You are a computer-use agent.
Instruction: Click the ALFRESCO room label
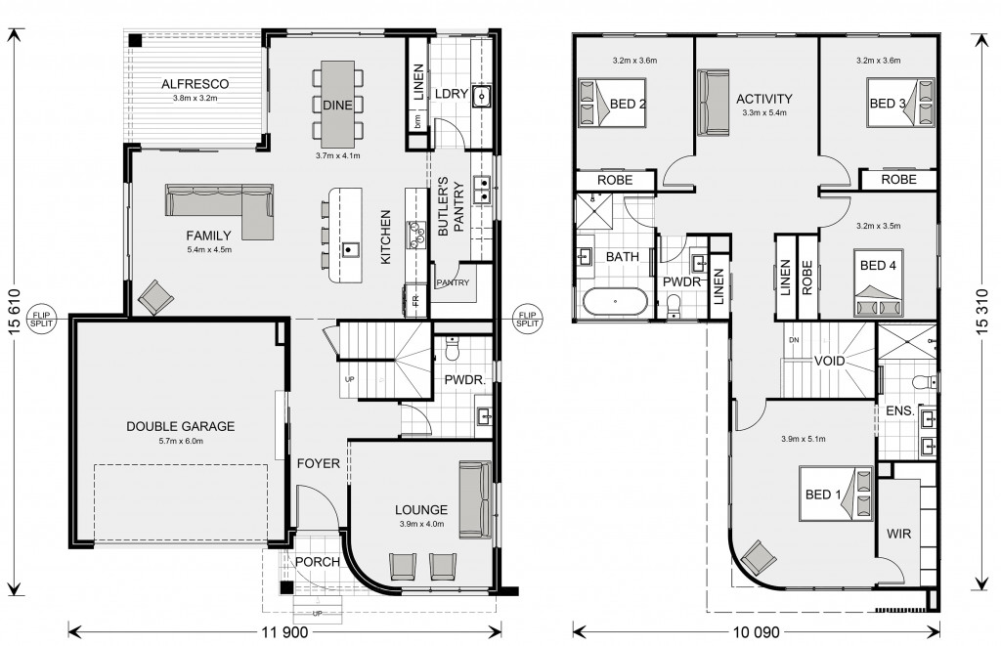click(195, 84)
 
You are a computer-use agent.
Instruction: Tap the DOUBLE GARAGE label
click(181, 426)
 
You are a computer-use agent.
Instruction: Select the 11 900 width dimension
click(284, 632)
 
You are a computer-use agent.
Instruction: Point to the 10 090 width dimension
click(757, 632)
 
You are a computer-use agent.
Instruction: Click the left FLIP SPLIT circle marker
click(43, 320)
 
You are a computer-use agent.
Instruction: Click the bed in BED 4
click(878, 282)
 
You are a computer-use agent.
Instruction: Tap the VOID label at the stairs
click(829, 362)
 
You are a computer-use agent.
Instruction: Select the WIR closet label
click(899, 534)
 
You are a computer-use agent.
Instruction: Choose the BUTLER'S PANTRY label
click(451, 206)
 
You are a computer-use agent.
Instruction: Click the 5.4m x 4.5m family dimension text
click(209, 249)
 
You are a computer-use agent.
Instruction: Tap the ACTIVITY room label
click(764, 99)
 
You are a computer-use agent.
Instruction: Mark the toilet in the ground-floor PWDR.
click(452, 350)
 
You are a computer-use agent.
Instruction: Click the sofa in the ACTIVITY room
click(713, 103)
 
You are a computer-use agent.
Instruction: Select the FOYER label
click(318, 463)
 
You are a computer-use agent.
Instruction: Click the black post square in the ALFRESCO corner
click(135, 39)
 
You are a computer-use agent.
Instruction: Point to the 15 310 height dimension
click(982, 313)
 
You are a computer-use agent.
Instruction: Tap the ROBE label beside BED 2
click(615, 181)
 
